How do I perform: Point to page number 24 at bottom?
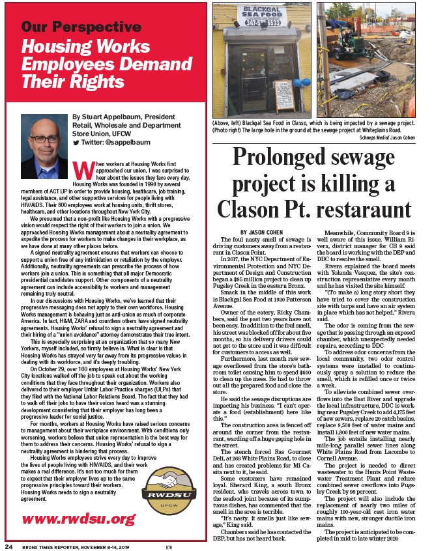point(8,544)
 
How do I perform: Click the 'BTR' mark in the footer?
point(168,545)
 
